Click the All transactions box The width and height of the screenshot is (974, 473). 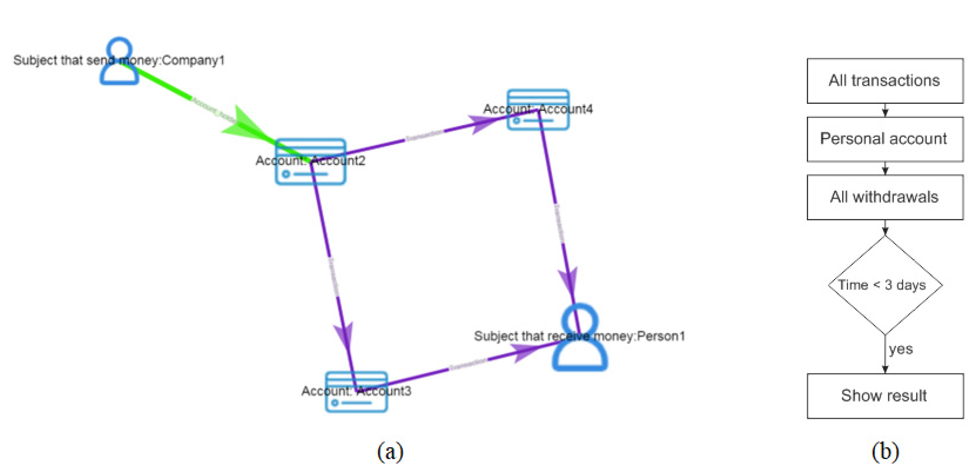pos(885,81)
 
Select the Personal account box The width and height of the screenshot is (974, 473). pos(885,139)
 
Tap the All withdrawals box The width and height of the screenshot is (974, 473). pos(885,197)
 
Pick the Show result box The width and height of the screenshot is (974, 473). pos(885,395)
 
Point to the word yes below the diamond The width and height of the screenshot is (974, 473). pos(901,349)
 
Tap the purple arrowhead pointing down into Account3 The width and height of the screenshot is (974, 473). pos(344,335)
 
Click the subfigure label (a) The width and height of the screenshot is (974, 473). pos(390,452)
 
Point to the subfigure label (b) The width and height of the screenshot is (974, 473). pos(885,452)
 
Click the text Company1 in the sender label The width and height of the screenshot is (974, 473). pos(193,60)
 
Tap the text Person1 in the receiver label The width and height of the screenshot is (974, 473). pos(661,336)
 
